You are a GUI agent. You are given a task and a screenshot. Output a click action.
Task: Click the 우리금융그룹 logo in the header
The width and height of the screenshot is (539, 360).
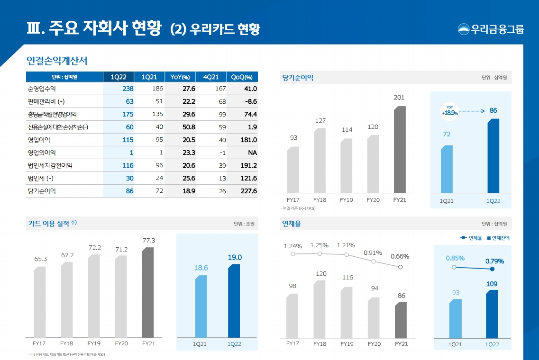(x=491, y=29)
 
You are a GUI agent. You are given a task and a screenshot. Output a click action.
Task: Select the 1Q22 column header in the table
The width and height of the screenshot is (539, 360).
(x=119, y=77)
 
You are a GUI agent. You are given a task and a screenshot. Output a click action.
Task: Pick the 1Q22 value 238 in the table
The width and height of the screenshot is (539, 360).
(x=128, y=89)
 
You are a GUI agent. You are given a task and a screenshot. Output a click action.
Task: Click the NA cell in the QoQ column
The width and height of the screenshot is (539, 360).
(x=252, y=153)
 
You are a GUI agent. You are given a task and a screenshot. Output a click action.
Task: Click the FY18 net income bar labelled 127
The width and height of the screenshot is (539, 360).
(x=320, y=160)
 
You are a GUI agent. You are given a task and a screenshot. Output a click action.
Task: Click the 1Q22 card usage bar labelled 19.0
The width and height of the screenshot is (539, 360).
(x=234, y=300)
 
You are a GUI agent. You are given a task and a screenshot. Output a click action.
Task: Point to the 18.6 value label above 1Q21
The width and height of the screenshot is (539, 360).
(x=201, y=268)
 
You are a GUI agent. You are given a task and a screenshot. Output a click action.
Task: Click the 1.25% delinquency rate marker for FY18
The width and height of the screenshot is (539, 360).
(x=320, y=254)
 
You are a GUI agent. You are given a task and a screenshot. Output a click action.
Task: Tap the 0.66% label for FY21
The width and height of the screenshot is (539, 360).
(x=400, y=256)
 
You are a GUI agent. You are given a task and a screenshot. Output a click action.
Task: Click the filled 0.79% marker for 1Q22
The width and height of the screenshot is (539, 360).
(x=492, y=269)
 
